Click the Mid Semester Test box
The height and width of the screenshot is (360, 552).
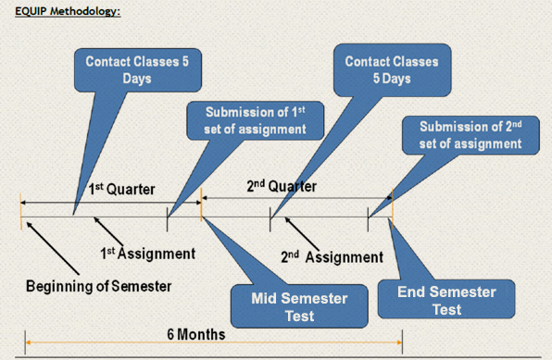click(287, 305)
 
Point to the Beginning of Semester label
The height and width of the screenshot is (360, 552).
click(97, 285)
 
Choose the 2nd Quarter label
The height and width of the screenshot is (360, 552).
click(282, 186)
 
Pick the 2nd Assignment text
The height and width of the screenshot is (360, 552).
click(332, 256)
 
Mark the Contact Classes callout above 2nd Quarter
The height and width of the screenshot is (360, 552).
click(391, 70)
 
